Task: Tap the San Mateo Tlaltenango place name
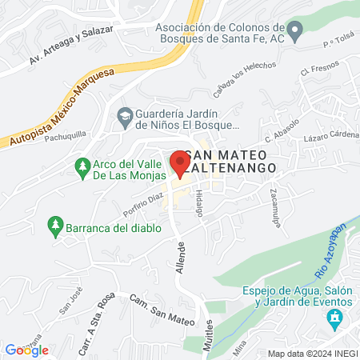(x=230, y=161)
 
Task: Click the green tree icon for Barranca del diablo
(x=55, y=226)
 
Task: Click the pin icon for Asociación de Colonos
(x=295, y=33)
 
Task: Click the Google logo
(x=26, y=350)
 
